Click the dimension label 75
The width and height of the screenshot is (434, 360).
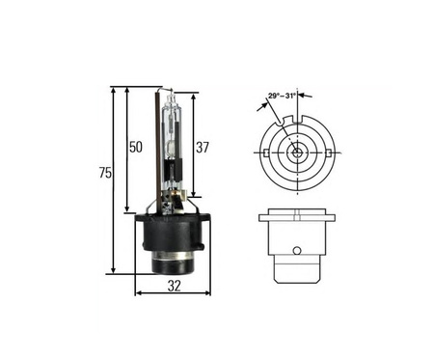[105, 173]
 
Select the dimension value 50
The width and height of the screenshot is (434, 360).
[135, 147]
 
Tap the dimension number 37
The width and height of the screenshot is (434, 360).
[203, 148]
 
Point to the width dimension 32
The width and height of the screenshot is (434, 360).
[175, 286]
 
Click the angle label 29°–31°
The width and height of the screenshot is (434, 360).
[282, 96]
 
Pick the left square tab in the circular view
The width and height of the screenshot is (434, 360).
[266, 152]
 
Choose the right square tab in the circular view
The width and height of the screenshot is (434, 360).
[329, 152]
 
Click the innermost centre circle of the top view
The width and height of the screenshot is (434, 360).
[297, 152]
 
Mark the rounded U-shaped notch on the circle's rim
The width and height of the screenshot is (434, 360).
[282, 122]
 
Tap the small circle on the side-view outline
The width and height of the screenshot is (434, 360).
[297, 250]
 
